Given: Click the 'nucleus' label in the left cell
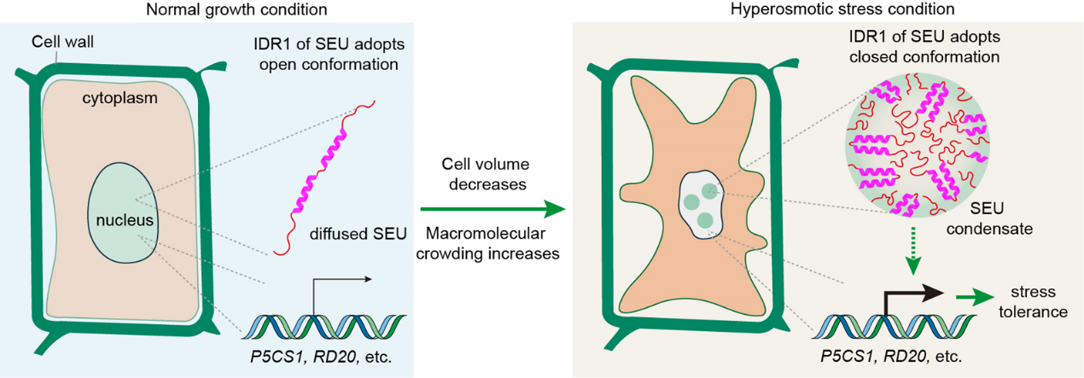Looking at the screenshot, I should click(124, 221).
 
